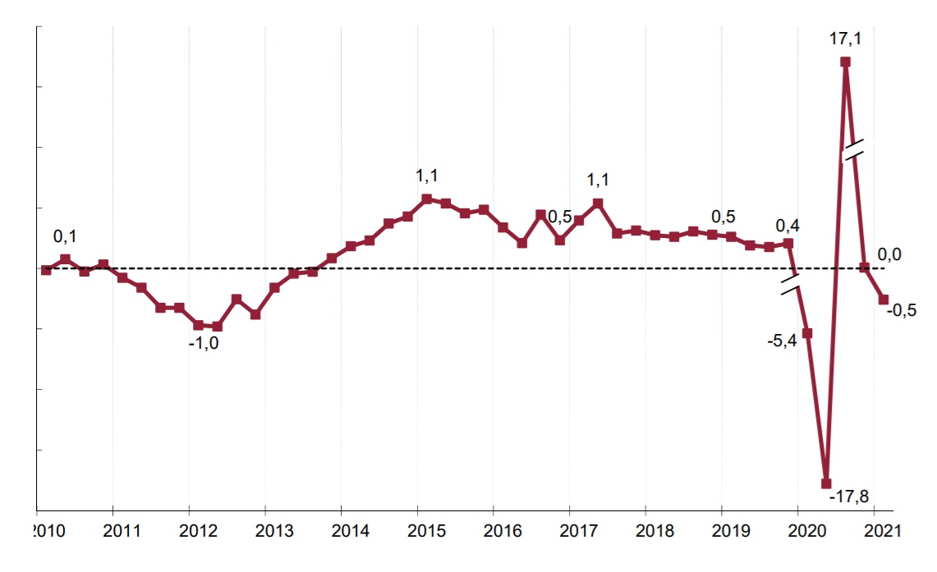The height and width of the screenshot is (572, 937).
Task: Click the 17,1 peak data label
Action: coord(845,38)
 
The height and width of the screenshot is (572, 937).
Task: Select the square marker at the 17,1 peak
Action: coord(845,62)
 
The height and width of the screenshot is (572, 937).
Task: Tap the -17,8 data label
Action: coord(849,496)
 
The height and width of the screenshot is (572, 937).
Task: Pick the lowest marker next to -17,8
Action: coord(826,483)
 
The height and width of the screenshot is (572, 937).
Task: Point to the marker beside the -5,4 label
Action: coord(807,333)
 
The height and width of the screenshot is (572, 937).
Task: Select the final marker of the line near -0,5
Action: coord(884,300)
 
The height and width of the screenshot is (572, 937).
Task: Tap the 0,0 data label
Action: coord(889,254)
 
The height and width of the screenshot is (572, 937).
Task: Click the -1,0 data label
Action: coord(204,344)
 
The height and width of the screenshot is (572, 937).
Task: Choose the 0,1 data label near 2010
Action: coord(65,236)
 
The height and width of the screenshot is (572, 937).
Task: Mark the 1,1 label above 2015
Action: coord(427,176)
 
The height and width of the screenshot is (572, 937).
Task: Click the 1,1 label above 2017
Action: coord(598,179)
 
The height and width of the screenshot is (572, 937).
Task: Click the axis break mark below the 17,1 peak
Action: coord(853,151)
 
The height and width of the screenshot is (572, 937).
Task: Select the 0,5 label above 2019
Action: coord(723,217)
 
